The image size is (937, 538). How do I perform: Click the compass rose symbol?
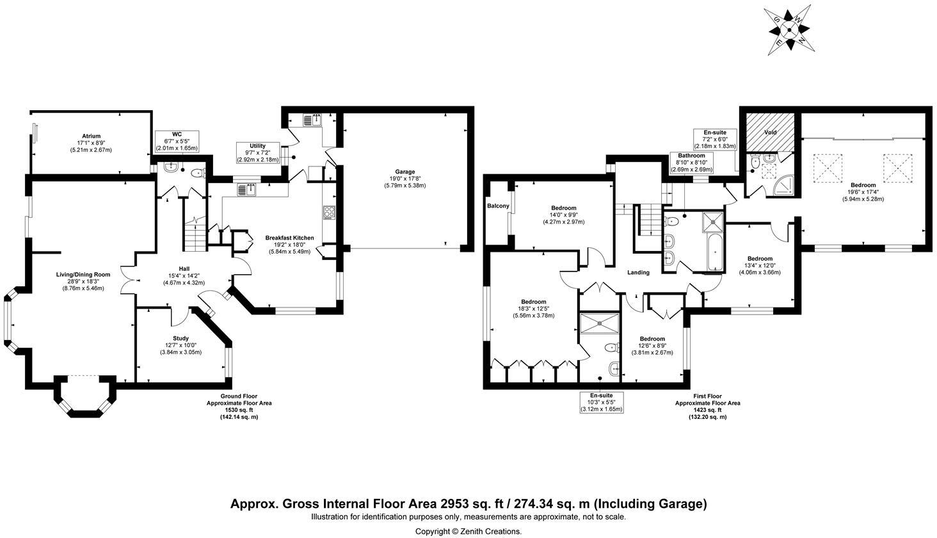pyautogui.click(x=789, y=29)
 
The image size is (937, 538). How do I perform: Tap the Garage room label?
pyautogui.click(x=405, y=172)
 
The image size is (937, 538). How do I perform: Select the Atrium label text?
pyautogui.click(x=91, y=136)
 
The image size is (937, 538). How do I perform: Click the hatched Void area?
pyautogui.click(x=770, y=132)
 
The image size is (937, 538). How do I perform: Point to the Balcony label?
pyautogui.click(x=498, y=206)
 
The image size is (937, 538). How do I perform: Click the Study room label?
pyautogui.click(x=180, y=338)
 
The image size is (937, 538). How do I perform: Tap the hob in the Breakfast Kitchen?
pyautogui.click(x=329, y=212)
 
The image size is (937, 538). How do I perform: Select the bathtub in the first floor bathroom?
pyautogui.click(x=715, y=252)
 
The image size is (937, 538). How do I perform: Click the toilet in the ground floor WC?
pyautogui.click(x=197, y=172)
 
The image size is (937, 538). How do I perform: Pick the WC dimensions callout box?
pyautogui.click(x=177, y=141)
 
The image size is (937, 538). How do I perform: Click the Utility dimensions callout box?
pyautogui.click(x=258, y=153)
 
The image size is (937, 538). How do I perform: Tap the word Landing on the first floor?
pyautogui.click(x=638, y=273)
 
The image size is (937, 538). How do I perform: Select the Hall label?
pyautogui.click(x=184, y=269)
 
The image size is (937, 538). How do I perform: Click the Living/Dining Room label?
pyautogui.click(x=83, y=275)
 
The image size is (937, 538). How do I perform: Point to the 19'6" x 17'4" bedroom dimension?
pyautogui.click(x=863, y=192)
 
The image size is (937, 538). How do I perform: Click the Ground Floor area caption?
pyautogui.click(x=239, y=407)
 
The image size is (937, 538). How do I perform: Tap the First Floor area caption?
pyautogui.click(x=707, y=407)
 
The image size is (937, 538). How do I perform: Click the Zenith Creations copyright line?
pyautogui.click(x=468, y=532)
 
